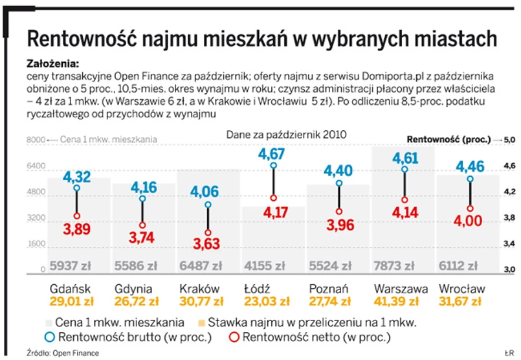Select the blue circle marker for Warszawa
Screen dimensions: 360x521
coord(406,170)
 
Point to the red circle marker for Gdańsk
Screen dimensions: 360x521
coord(77,216)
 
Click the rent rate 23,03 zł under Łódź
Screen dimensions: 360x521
coord(267,302)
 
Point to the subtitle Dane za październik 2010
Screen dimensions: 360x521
coord(286,134)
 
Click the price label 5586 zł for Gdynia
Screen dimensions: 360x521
coord(135,265)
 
